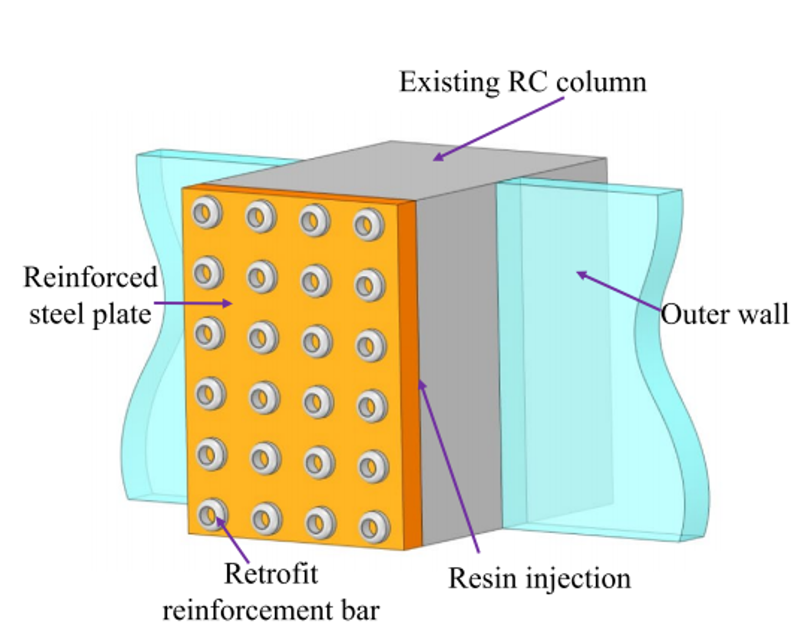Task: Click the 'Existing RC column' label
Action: pyautogui.click(x=522, y=82)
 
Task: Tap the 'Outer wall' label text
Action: pyautogui.click(x=724, y=314)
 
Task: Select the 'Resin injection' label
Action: pyautogui.click(x=539, y=578)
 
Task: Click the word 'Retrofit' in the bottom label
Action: pyautogui.click(x=271, y=574)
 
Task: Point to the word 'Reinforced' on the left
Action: pyautogui.click(x=90, y=277)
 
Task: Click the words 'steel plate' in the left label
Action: pyautogui.click(x=90, y=314)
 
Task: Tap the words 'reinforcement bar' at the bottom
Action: pyautogui.click(x=271, y=610)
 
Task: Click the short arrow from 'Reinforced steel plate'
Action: pyautogui.click(x=193, y=304)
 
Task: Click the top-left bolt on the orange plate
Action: pyautogui.click(x=207, y=212)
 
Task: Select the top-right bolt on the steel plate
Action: pyautogui.click(x=369, y=224)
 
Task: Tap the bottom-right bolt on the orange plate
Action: pyautogui.click(x=374, y=527)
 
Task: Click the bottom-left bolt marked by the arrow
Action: pyautogui.click(x=212, y=514)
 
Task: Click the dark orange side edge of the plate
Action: pyautogui.click(x=411, y=373)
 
